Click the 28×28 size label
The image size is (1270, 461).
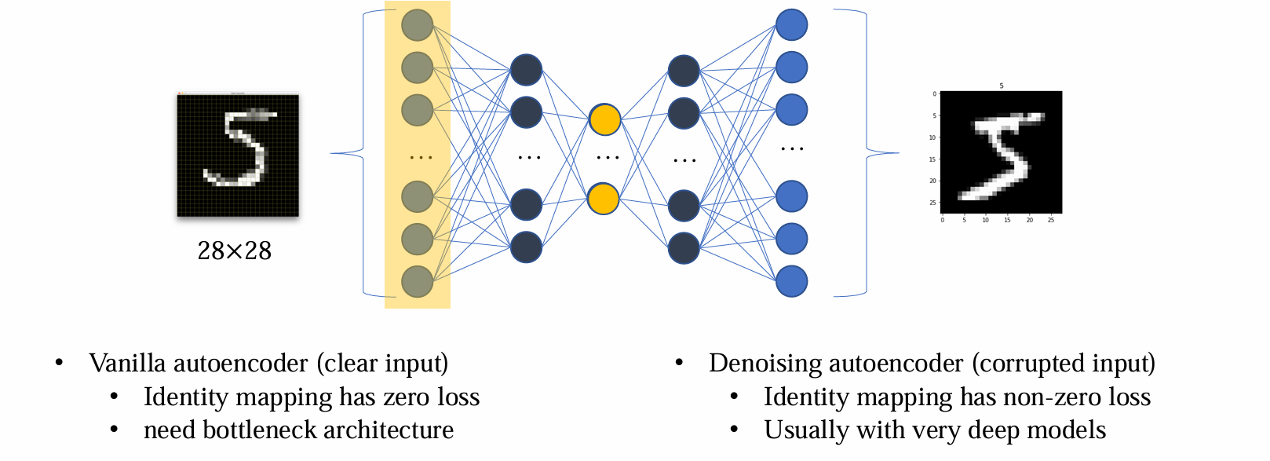coord(234,251)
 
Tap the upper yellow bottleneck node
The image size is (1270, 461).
coord(604,119)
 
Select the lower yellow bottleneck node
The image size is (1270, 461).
coord(604,199)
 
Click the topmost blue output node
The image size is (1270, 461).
coord(791,24)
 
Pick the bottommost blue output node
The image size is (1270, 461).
coord(791,281)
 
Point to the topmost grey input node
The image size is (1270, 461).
coord(417,25)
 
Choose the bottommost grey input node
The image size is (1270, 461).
coord(417,281)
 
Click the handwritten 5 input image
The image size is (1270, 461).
coord(238,155)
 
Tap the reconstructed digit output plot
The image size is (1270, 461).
coord(1001,152)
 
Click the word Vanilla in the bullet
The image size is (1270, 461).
coord(127,363)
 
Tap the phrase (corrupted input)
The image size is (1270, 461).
coord(1064,363)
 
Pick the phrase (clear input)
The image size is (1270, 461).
coord(382,363)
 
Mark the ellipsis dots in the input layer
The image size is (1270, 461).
coord(421,158)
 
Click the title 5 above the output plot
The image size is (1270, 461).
coord(1001,86)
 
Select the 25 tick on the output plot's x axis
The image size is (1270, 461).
coord(1051,220)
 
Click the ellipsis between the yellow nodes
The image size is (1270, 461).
coord(608,158)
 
